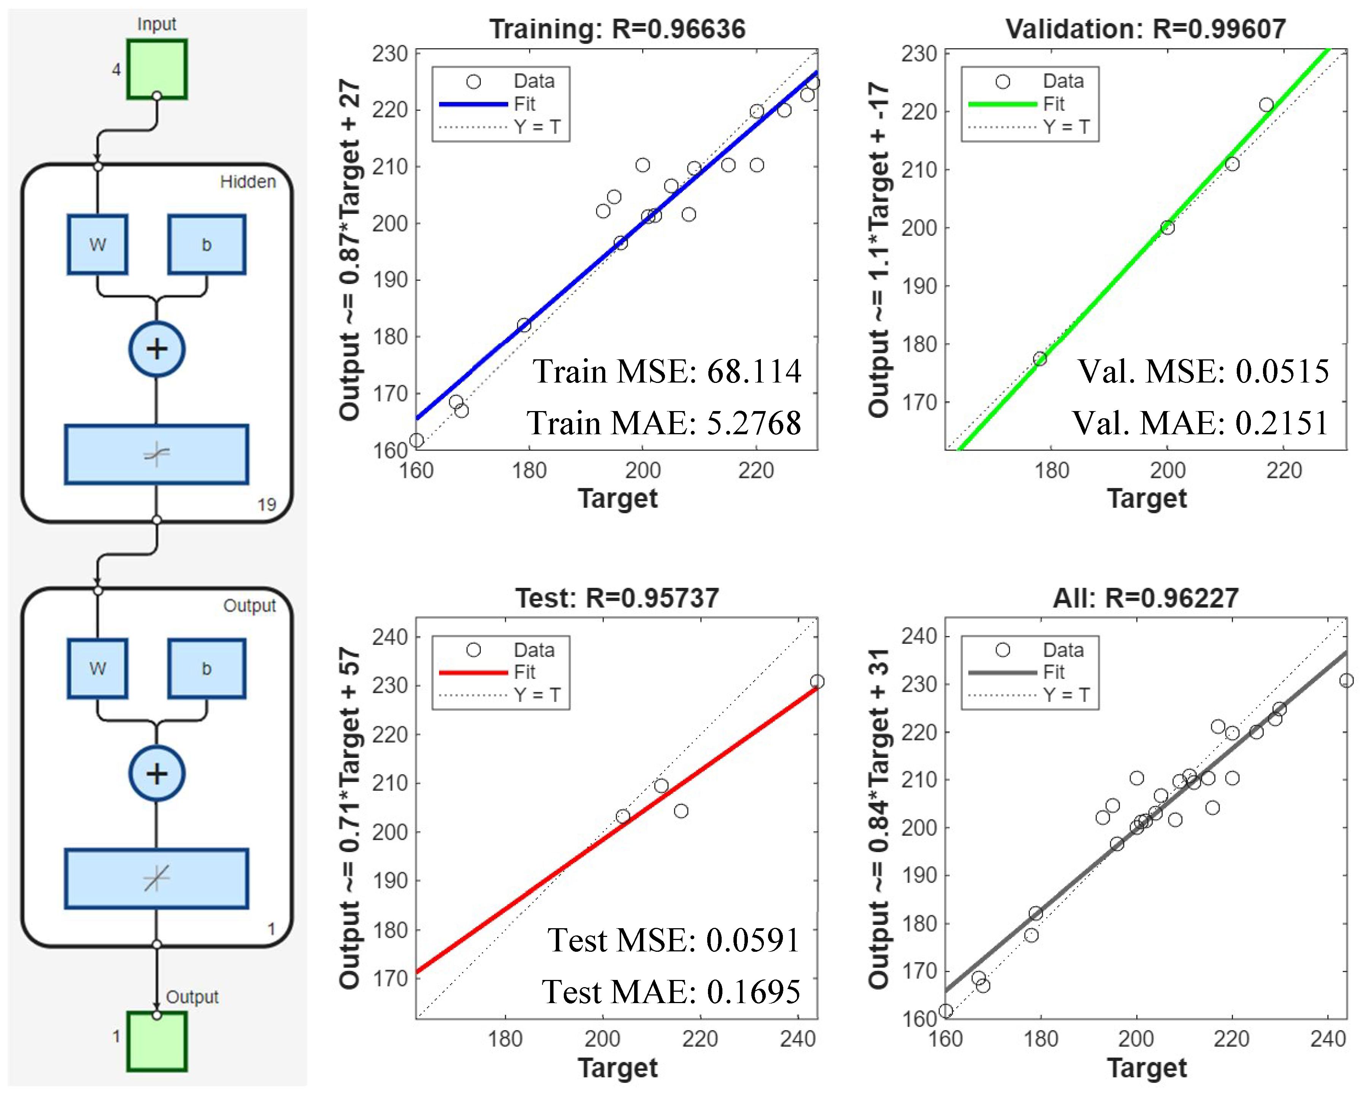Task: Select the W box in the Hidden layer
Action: click(98, 245)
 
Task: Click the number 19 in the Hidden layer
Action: click(266, 505)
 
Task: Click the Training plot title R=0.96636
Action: click(617, 29)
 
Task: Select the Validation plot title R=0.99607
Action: click(1145, 29)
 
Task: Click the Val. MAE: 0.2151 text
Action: click(1200, 422)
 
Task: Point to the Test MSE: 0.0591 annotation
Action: click(673, 940)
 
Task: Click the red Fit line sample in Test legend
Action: click(473, 672)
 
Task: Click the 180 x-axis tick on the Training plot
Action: click(529, 470)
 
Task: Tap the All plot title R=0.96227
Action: click(1145, 598)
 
